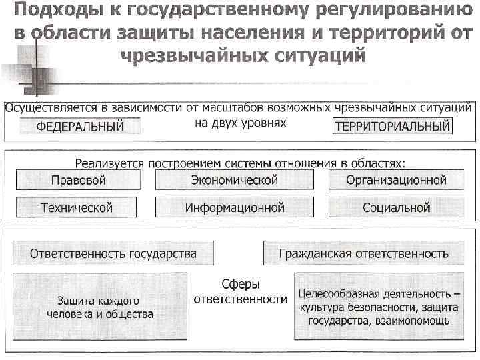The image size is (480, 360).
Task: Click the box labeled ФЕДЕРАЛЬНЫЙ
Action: (80, 126)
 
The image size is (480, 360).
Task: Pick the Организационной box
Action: (396, 180)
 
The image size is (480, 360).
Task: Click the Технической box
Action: (77, 208)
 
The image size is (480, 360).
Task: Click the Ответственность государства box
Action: (113, 253)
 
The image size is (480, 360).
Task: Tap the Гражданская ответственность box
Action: (363, 253)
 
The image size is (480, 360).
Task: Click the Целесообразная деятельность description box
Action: (378, 307)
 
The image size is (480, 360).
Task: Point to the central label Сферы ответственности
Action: (241, 292)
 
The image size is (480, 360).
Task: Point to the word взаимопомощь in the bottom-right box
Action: (414, 320)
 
